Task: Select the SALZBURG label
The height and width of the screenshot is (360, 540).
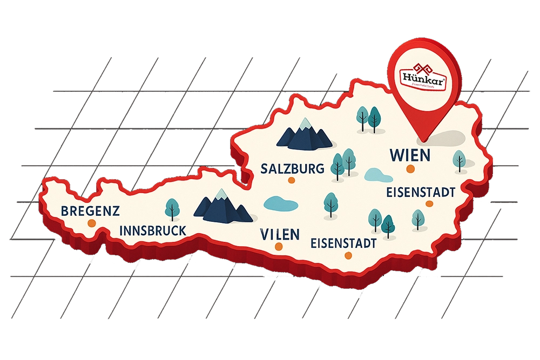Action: [292, 168]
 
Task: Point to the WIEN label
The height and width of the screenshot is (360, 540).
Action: [410, 155]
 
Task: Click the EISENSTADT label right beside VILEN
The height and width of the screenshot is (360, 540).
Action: [343, 243]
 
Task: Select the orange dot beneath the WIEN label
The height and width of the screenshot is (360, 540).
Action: [410, 169]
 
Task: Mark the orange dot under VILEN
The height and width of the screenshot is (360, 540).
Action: [279, 247]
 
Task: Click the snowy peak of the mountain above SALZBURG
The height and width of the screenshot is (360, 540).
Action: [306, 123]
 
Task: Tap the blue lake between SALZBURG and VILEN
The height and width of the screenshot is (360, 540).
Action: [280, 204]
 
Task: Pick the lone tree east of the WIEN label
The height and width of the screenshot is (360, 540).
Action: [459, 161]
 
